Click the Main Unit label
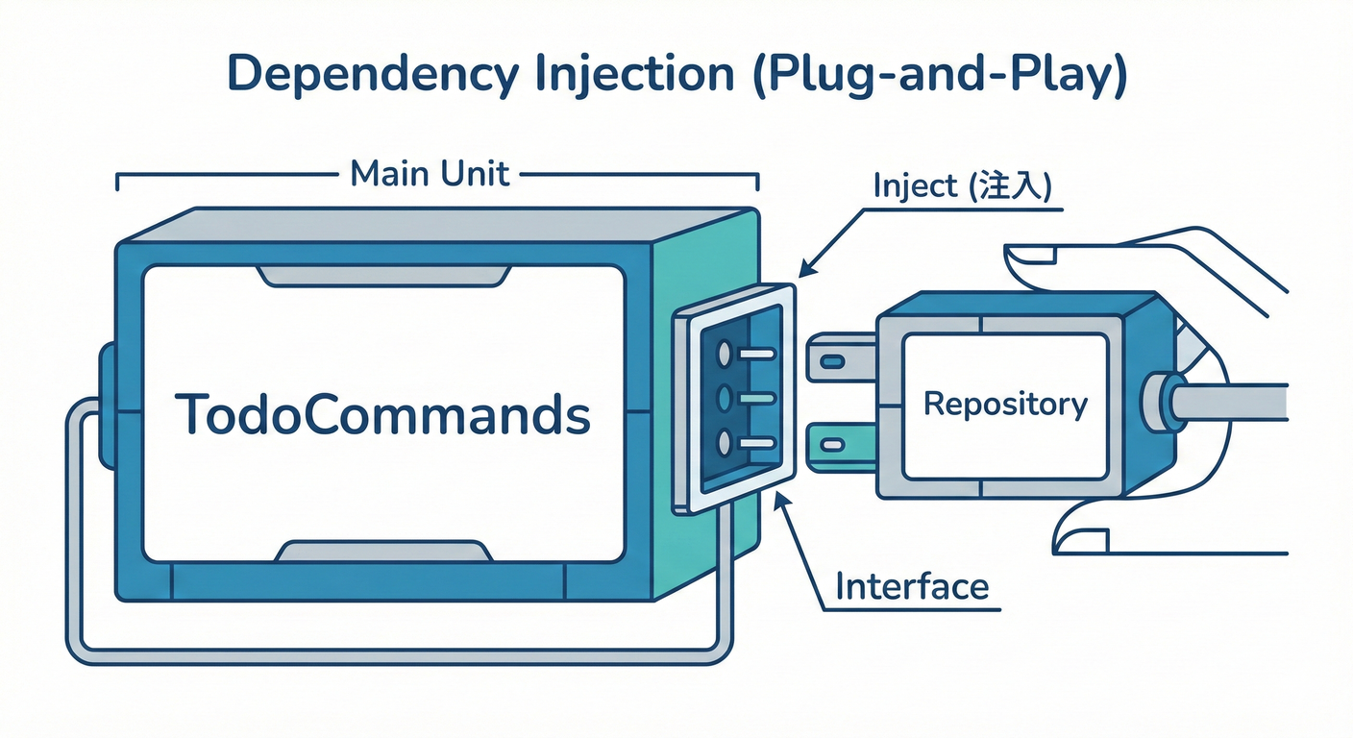[430, 175]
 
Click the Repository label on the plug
[1005, 404]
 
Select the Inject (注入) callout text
[962, 186]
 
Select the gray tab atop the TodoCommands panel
[382, 276]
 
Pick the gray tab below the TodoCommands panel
[382, 552]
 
